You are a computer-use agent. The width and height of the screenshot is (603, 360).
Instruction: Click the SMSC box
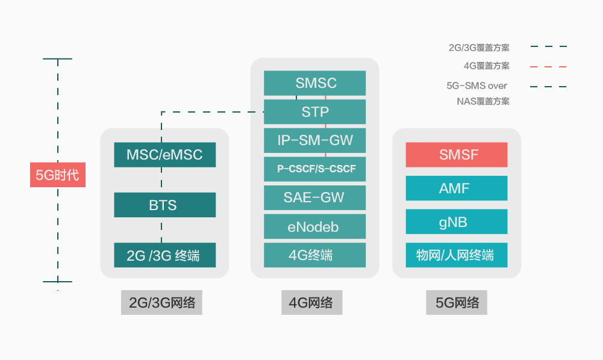pyautogui.click(x=314, y=83)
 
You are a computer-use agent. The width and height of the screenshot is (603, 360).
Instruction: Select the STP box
pyautogui.click(x=314, y=112)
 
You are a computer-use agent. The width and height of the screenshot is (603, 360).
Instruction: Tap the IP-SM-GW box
pyautogui.click(x=314, y=140)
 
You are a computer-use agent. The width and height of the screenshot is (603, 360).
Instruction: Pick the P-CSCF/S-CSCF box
pyautogui.click(x=314, y=169)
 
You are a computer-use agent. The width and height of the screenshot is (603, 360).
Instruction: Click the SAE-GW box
pyautogui.click(x=314, y=197)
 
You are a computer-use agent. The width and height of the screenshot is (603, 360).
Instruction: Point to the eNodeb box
pyautogui.click(x=314, y=226)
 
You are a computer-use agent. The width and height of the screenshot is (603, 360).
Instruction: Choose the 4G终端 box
pyautogui.click(x=314, y=255)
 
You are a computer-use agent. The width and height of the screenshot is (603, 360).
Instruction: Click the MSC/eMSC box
pyautogui.click(x=164, y=155)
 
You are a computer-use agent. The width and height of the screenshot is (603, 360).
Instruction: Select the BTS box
pyautogui.click(x=164, y=205)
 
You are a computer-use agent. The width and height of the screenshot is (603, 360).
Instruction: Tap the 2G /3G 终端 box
pyautogui.click(x=164, y=255)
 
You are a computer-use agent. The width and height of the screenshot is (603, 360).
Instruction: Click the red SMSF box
pyautogui.click(x=457, y=155)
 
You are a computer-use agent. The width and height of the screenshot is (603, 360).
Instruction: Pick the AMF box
pyautogui.click(x=457, y=188)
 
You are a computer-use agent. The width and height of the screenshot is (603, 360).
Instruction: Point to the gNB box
pyautogui.click(x=457, y=222)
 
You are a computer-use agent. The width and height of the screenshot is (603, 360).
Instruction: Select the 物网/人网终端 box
pyautogui.click(x=457, y=255)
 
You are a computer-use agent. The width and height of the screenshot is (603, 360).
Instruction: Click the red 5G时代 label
pyautogui.click(x=58, y=175)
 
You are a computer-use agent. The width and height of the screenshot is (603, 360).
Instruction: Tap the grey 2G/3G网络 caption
pyautogui.click(x=161, y=302)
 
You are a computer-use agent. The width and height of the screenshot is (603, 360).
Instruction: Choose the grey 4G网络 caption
pyautogui.click(x=312, y=302)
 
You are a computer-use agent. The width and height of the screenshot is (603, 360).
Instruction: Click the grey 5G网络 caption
pyautogui.click(x=457, y=302)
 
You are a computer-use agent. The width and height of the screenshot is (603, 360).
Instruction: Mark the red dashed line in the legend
pyautogui.click(x=548, y=67)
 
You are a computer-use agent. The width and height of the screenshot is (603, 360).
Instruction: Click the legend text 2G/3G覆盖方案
pyautogui.click(x=479, y=48)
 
